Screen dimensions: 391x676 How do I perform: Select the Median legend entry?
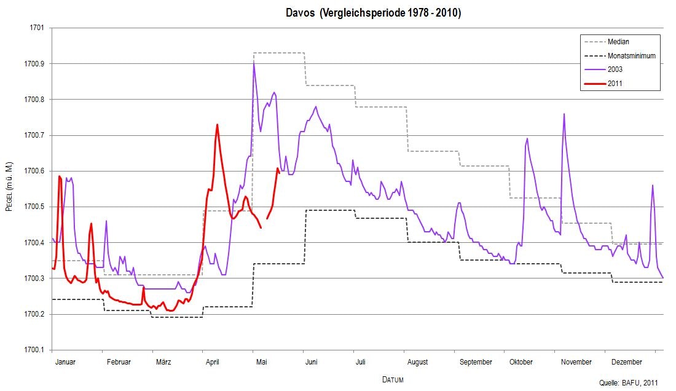point(618,42)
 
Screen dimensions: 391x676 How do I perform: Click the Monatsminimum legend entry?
point(631,55)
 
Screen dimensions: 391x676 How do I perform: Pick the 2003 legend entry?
point(615,69)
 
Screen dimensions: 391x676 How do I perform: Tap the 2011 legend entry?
point(615,83)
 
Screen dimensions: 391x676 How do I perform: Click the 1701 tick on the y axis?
point(37,28)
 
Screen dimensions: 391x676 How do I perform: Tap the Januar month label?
point(65,362)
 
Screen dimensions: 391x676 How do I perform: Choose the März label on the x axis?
point(163,362)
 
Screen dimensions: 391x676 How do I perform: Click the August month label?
point(418,362)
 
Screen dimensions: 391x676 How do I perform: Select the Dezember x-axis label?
point(627,362)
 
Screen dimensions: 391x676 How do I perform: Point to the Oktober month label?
point(521,362)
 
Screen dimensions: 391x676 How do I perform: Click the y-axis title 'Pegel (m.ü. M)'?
point(9,189)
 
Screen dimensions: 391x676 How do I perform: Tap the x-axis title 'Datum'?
point(393,379)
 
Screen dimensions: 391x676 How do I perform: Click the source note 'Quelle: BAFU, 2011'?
point(628,383)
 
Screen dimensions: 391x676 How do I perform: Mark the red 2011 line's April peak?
point(217,125)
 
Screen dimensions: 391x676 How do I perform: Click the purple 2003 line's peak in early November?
point(564,114)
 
